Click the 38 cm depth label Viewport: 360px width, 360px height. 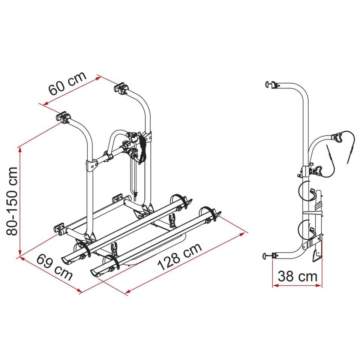coord(297,277)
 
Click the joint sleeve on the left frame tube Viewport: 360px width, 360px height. coord(90,165)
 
